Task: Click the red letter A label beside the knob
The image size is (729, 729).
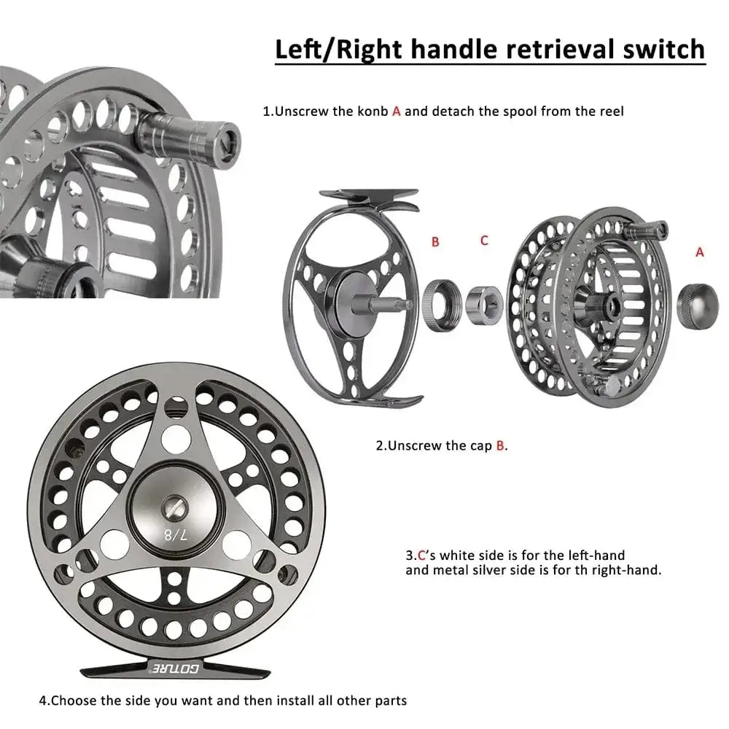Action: tap(700, 252)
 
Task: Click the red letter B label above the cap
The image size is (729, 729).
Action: tap(435, 241)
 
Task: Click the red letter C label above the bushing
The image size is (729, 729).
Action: tap(484, 240)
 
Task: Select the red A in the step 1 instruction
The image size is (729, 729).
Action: tap(397, 112)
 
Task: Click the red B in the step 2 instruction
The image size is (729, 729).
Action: tap(500, 445)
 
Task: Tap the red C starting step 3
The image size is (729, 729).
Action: tap(421, 555)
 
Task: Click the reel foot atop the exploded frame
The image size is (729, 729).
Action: tap(370, 195)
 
